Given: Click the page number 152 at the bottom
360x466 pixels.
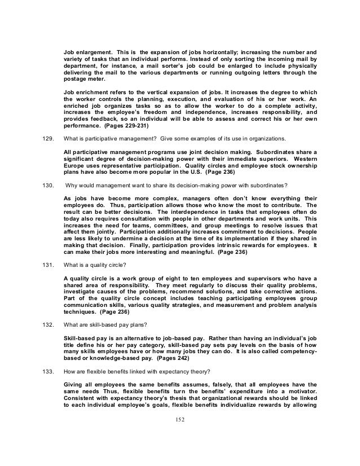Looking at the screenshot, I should coord(180,435).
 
